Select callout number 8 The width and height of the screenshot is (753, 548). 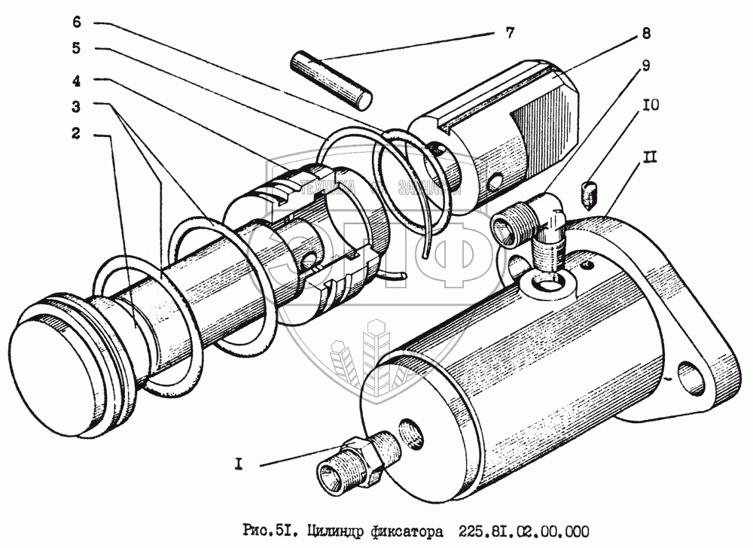pos(647,33)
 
